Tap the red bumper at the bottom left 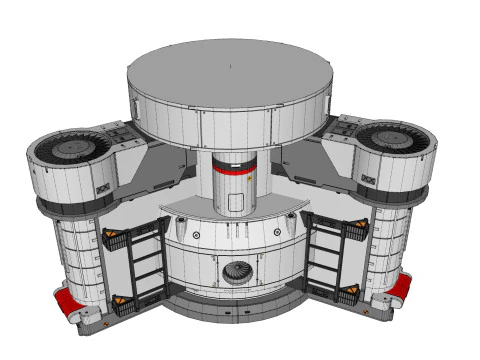[x=68, y=302]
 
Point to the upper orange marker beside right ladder [x=356, y=229]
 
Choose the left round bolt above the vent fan [x=196, y=235]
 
